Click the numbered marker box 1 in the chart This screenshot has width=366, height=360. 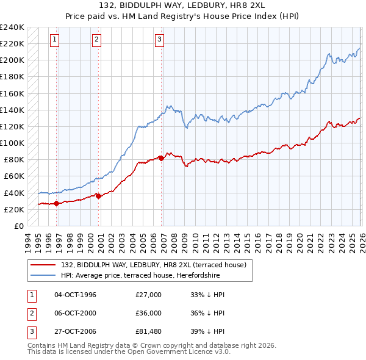tap(55, 40)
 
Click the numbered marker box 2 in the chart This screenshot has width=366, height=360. tap(96, 40)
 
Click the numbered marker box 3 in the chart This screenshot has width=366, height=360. tap(159, 40)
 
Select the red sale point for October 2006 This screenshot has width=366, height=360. tap(161, 158)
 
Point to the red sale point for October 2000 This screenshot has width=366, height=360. tap(98, 196)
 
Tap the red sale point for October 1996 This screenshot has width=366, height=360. tap(57, 204)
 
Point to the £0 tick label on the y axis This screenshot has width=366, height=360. tap(19, 226)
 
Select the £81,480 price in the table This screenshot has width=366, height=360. tap(149, 333)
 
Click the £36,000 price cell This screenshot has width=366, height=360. tap(149, 314)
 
